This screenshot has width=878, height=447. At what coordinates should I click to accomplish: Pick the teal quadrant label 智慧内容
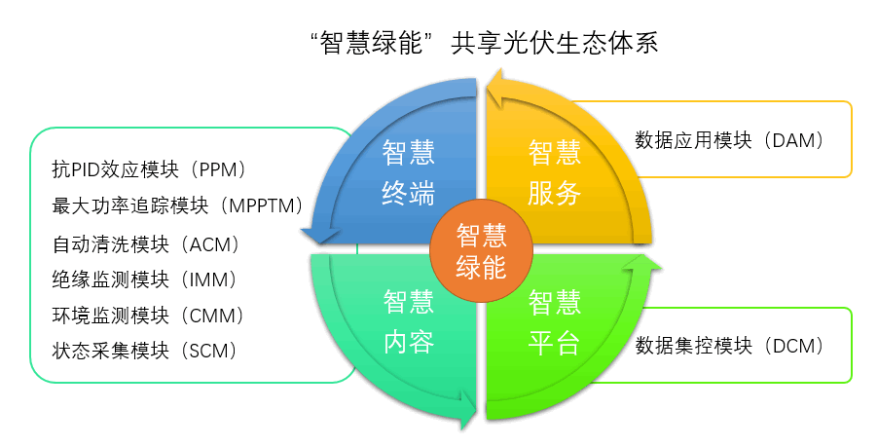408,322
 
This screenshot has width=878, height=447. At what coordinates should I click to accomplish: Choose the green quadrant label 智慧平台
555,322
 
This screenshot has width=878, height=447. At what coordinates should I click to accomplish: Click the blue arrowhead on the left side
316,235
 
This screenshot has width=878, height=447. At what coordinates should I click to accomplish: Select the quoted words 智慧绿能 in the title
374,44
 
